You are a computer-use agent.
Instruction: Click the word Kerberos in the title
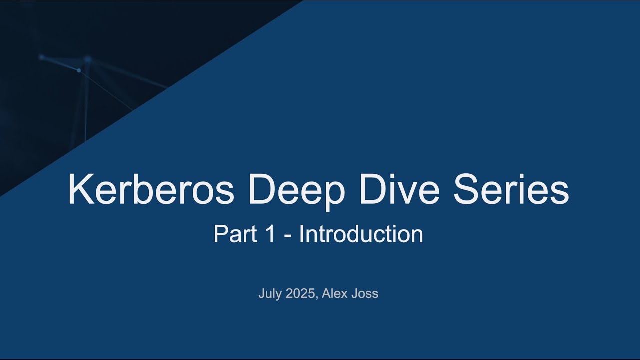point(151,190)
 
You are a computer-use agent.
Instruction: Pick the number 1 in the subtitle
point(270,234)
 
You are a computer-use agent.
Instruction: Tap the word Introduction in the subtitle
point(361,234)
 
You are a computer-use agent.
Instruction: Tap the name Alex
point(334,294)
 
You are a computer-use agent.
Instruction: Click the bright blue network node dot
point(79,70)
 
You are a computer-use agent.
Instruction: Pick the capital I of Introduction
point(301,234)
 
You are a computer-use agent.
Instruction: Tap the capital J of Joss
point(354,294)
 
